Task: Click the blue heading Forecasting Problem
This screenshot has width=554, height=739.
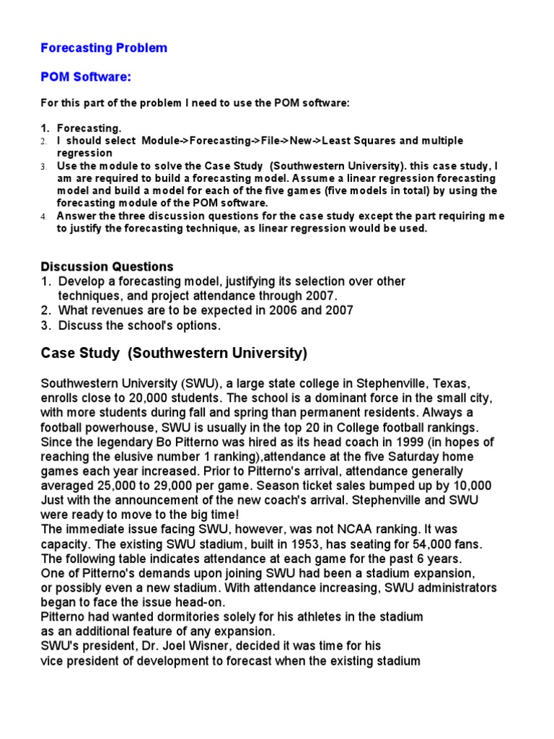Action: (x=104, y=48)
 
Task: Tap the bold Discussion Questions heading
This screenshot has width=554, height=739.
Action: (x=107, y=267)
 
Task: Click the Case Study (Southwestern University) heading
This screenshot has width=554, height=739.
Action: (x=174, y=354)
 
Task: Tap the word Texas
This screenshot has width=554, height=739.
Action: (x=451, y=383)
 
